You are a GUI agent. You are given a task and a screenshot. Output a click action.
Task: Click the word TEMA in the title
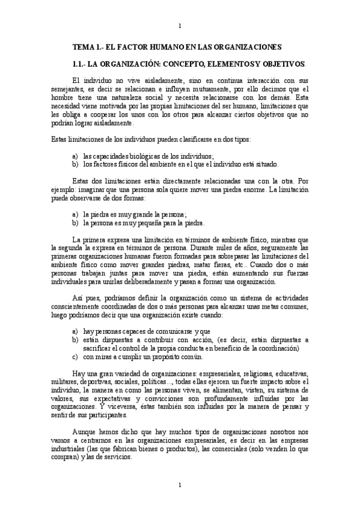[82, 46]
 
